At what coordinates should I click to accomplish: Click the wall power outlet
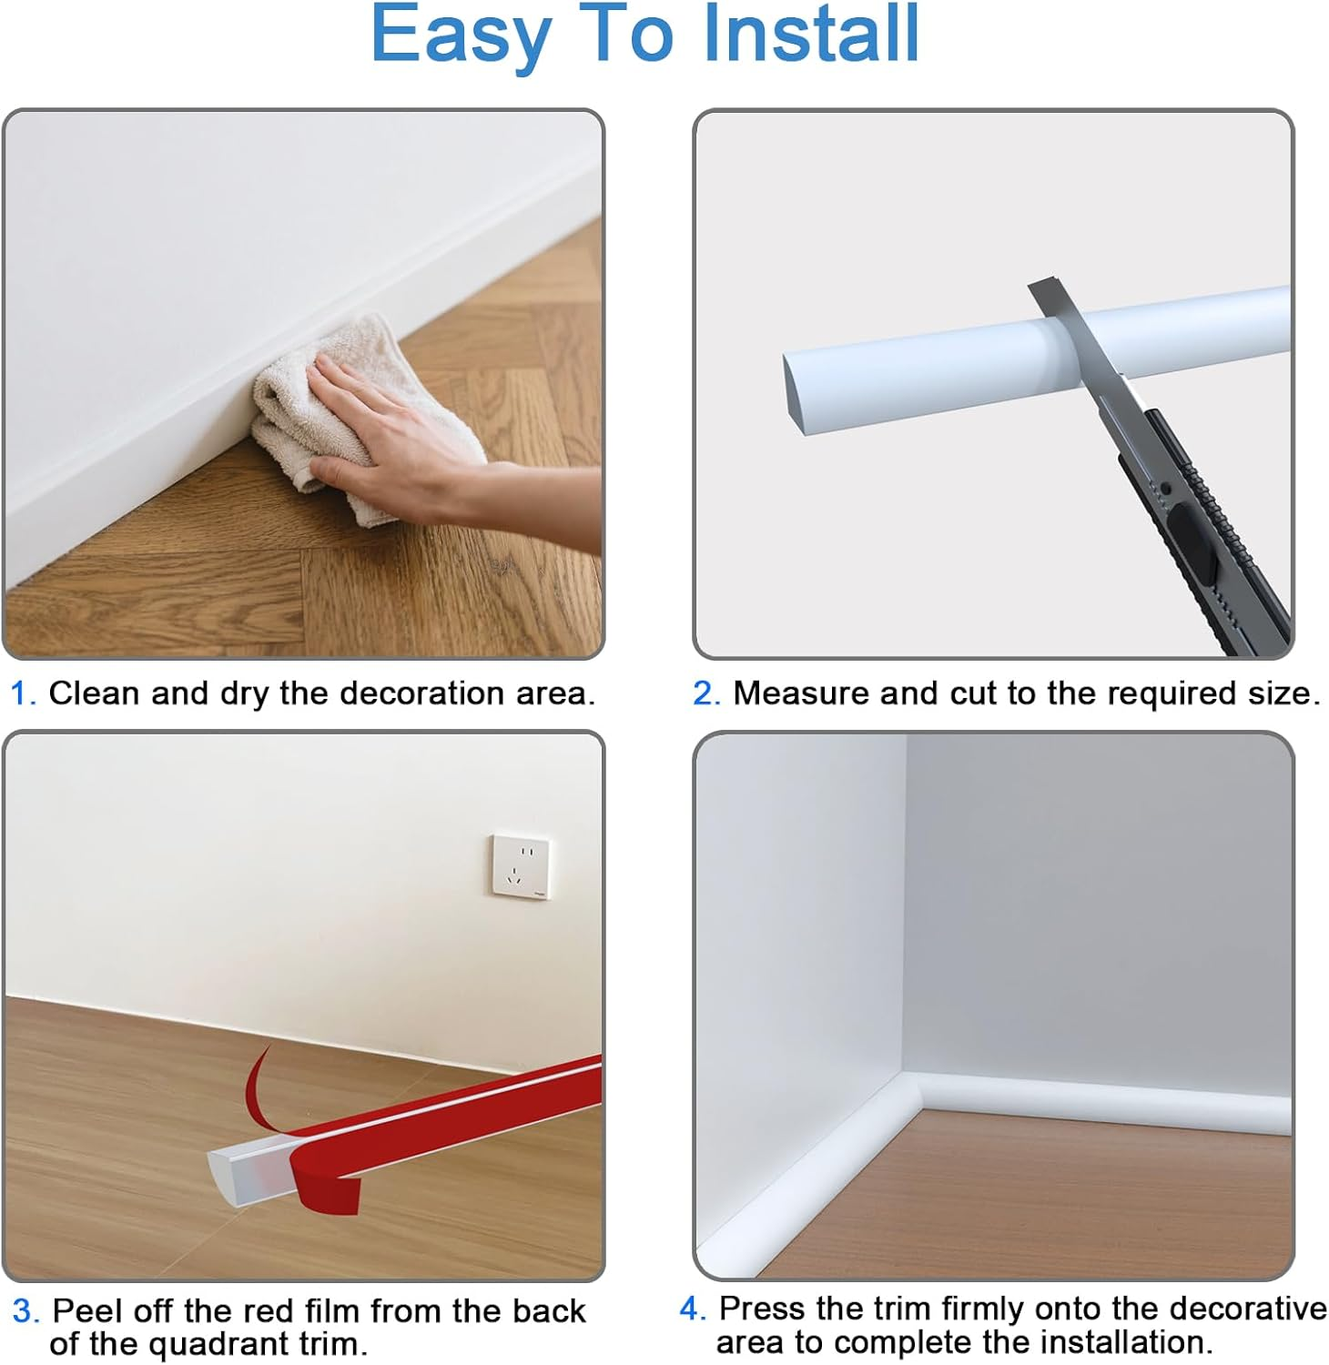521,866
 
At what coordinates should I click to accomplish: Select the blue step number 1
22,694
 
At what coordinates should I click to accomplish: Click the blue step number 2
705,694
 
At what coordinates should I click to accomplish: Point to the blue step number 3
25,1311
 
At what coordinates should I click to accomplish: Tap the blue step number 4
692,1309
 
